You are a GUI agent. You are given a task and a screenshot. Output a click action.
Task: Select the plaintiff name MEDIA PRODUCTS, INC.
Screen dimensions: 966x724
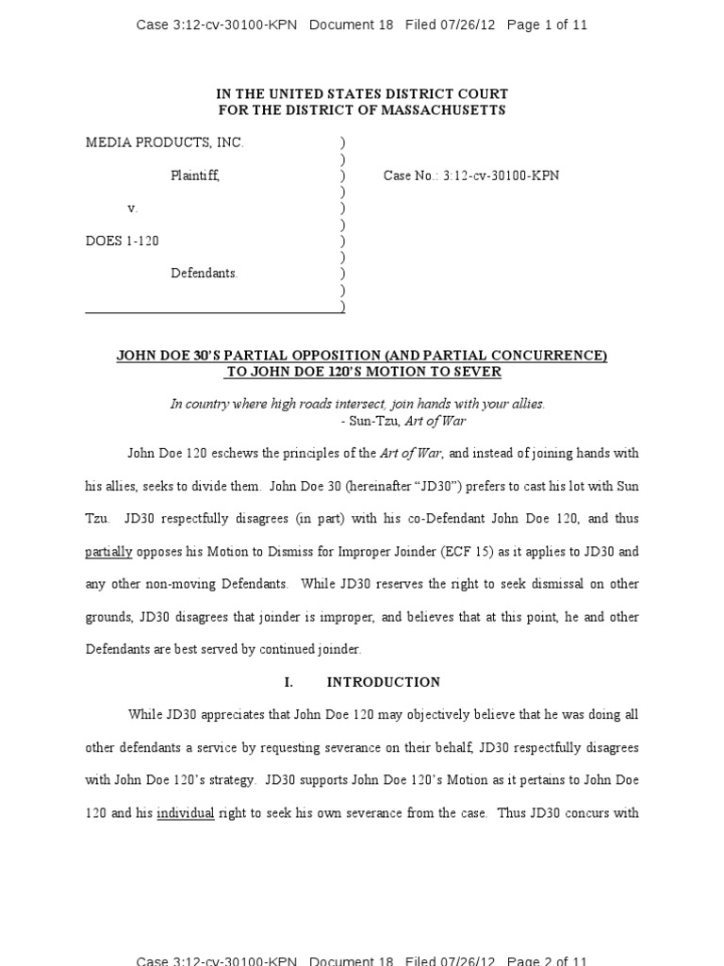tap(165, 142)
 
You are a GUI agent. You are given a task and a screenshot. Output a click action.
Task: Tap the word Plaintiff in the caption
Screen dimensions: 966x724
tap(195, 175)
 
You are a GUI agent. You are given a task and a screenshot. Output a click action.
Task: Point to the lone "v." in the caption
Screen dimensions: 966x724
tap(132, 208)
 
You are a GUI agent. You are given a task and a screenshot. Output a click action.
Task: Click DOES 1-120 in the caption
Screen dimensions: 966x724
tap(123, 241)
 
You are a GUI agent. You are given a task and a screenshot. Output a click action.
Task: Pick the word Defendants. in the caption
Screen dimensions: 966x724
tap(205, 274)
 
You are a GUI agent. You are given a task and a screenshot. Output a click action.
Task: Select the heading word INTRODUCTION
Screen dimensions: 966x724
tap(384, 682)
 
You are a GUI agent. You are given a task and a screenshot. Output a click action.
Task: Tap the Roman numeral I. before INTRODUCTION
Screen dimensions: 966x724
tap(288, 682)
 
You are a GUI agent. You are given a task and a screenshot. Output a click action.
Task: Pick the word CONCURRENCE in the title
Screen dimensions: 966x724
tap(537, 356)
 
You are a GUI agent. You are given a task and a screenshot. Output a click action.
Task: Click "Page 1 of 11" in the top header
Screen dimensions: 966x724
tap(547, 25)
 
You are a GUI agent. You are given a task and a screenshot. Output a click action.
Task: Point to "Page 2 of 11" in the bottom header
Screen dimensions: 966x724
tap(547, 960)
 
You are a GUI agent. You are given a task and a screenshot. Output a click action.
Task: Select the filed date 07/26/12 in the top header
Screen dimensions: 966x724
tap(469, 25)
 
